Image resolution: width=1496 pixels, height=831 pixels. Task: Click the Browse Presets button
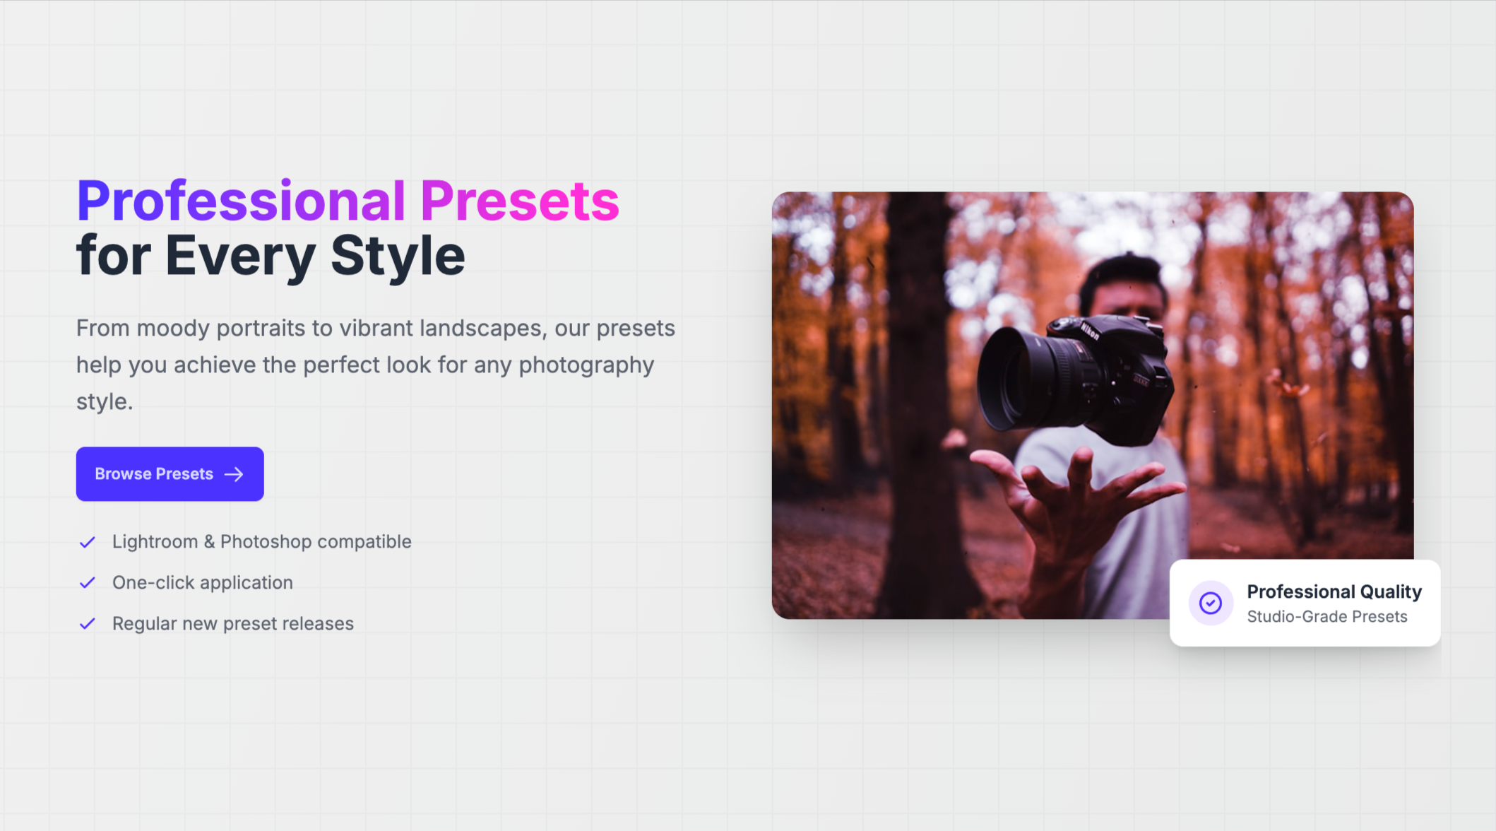click(170, 474)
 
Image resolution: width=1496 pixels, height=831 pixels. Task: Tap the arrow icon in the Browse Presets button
click(234, 474)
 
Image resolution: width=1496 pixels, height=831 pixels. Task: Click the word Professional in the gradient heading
click(241, 201)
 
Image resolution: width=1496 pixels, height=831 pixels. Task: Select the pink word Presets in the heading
click(520, 201)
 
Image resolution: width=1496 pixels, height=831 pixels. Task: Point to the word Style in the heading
click(398, 256)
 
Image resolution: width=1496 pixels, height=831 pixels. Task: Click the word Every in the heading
click(240, 256)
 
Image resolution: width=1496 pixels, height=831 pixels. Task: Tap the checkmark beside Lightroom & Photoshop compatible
click(88, 542)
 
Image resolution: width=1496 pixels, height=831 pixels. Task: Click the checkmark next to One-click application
click(88, 583)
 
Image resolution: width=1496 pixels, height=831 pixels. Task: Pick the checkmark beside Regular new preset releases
click(88, 624)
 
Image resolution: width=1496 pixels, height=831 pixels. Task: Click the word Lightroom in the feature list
click(155, 542)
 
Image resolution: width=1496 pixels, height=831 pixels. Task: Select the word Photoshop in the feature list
click(266, 542)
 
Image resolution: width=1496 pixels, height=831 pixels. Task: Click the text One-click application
click(203, 583)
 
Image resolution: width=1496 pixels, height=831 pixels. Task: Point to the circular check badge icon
click(1211, 603)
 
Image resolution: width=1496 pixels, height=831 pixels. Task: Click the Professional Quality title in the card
click(1334, 591)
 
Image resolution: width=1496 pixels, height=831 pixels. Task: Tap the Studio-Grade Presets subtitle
click(1327, 617)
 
